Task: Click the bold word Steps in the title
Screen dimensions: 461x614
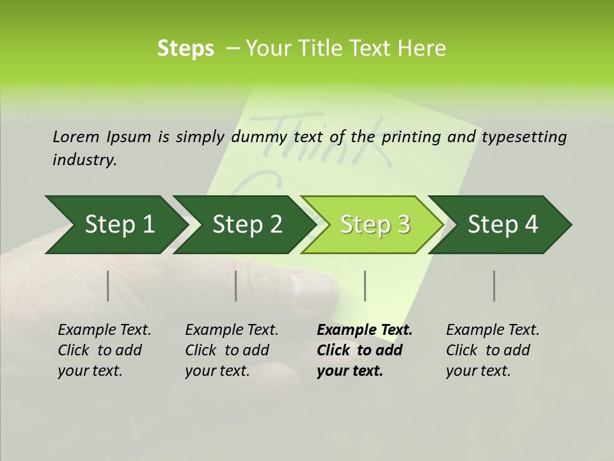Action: coord(185,49)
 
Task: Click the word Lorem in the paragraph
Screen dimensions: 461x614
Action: coord(76,136)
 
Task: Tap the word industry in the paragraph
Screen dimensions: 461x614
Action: coord(84,160)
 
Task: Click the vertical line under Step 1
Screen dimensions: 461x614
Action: coord(108,286)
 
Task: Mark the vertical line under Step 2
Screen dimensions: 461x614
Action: coord(236,286)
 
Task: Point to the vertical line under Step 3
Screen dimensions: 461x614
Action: coord(365,286)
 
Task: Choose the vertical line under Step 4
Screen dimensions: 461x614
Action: coord(494,286)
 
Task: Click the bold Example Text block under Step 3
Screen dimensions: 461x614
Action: coord(364,350)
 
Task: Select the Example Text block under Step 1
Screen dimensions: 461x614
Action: coord(104,350)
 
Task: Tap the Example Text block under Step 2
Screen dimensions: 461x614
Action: coord(232,350)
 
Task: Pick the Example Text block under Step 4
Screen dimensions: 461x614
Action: coord(492,350)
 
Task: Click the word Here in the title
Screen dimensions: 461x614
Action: coord(425,49)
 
